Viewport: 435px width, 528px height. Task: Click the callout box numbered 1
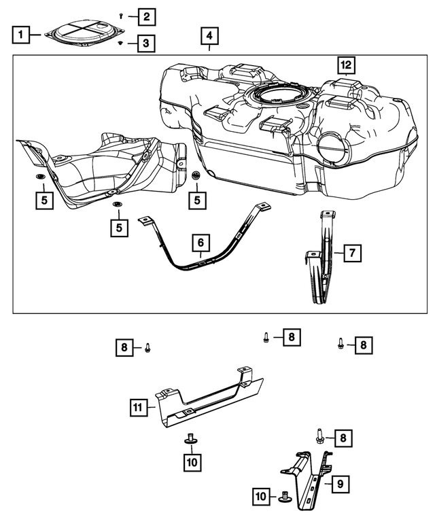tap(22, 33)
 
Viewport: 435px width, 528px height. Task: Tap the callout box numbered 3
tap(145, 43)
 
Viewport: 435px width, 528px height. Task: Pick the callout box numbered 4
tap(209, 35)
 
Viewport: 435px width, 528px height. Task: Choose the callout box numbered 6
tap(201, 242)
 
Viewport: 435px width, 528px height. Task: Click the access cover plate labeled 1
tap(84, 33)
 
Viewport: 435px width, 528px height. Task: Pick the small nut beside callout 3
tap(120, 43)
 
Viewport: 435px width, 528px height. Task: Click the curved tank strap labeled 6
tap(204, 261)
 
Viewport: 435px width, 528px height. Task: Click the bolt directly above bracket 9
tap(318, 436)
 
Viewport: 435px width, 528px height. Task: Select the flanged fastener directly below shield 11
tap(191, 438)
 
